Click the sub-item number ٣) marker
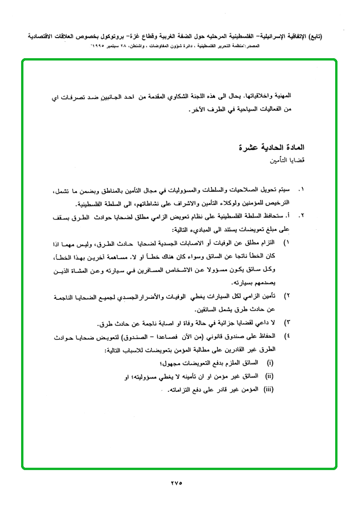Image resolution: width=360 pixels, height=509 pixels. [288, 324]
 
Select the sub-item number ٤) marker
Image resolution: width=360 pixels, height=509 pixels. [288, 336]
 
